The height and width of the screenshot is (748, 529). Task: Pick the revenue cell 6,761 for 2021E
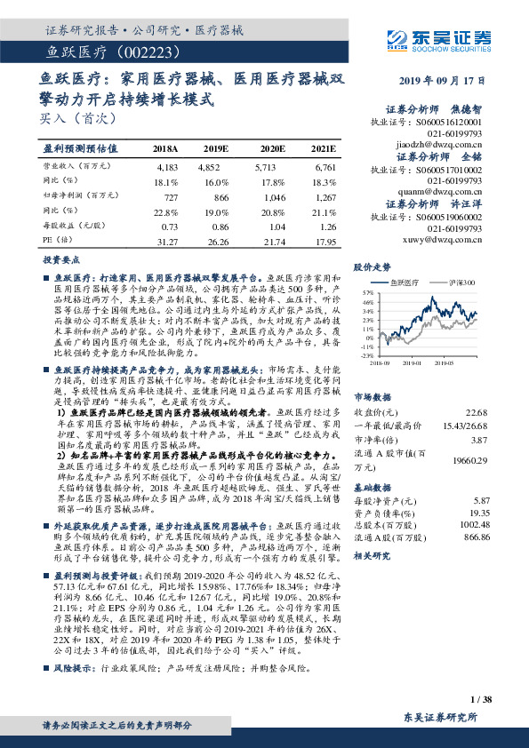click(325, 166)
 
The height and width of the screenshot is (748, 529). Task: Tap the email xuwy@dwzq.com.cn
click(450, 240)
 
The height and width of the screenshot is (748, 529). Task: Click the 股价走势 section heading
click(373, 267)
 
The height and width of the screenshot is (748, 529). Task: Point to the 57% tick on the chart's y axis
click(367, 291)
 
